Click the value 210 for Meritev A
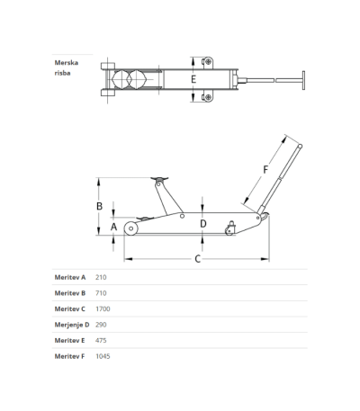tap(101, 277)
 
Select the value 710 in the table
tap(101, 293)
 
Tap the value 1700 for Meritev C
tap(103, 308)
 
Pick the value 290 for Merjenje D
tap(101, 325)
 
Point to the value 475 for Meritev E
tap(101, 341)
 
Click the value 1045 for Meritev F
tap(103, 356)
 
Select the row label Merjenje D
tap(72, 325)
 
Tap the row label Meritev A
tap(70, 277)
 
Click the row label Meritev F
tap(69, 356)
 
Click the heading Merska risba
tap(67, 67)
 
